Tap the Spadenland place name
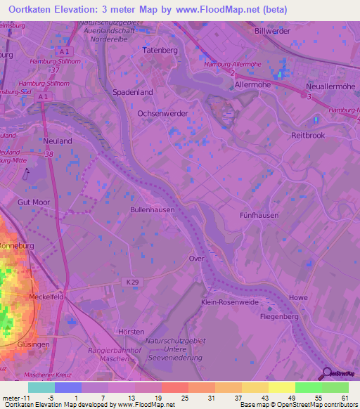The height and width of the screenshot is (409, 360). [x=132, y=92]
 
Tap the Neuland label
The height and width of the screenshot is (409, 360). [x=57, y=141]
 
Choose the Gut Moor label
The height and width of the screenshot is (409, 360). [x=34, y=202]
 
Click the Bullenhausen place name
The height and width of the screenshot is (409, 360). [x=153, y=209]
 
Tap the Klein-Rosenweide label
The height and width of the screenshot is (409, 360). [x=230, y=302]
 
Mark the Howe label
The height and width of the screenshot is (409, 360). [x=298, y=297]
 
